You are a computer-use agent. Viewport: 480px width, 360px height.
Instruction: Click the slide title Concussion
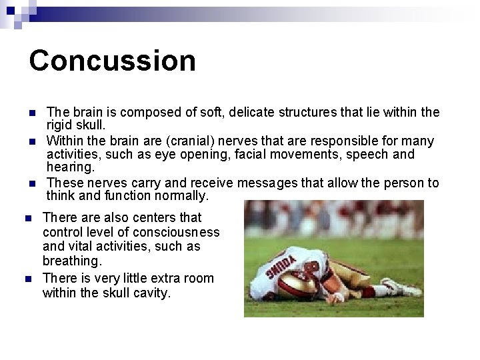[x=112, y=60]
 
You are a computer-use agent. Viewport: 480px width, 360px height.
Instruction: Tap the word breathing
[x=71, y=261]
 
